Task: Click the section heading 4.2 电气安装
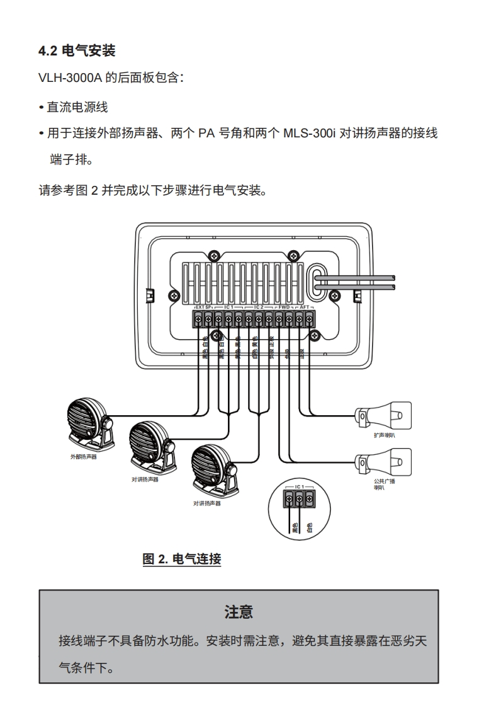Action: [76, 50]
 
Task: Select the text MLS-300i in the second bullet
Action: [310, 134]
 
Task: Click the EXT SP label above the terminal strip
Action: [203, 307]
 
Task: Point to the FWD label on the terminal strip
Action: [284, 307]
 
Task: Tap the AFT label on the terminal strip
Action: [304, 307]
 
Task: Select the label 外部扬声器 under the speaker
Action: [83, 457]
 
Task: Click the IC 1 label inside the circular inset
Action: [299, 487]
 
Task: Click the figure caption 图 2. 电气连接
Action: [182, 558]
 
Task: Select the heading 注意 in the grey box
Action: [239, 611]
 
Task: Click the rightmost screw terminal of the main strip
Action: [309, 319]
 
